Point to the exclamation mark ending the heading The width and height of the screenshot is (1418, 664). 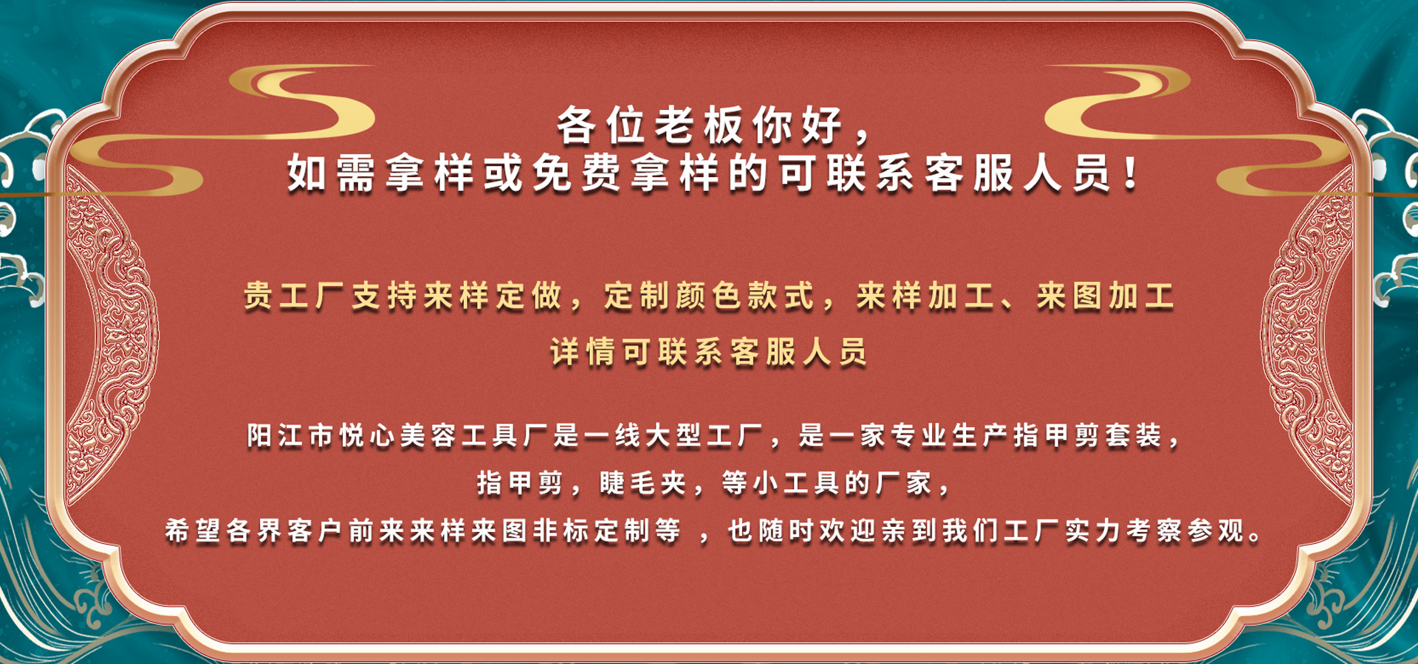coord(1130,175)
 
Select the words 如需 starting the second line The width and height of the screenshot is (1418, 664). coord(331,175)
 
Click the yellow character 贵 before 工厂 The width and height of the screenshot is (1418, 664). coord(258,297)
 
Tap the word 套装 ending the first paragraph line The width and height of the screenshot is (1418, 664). coord(1134,436)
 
